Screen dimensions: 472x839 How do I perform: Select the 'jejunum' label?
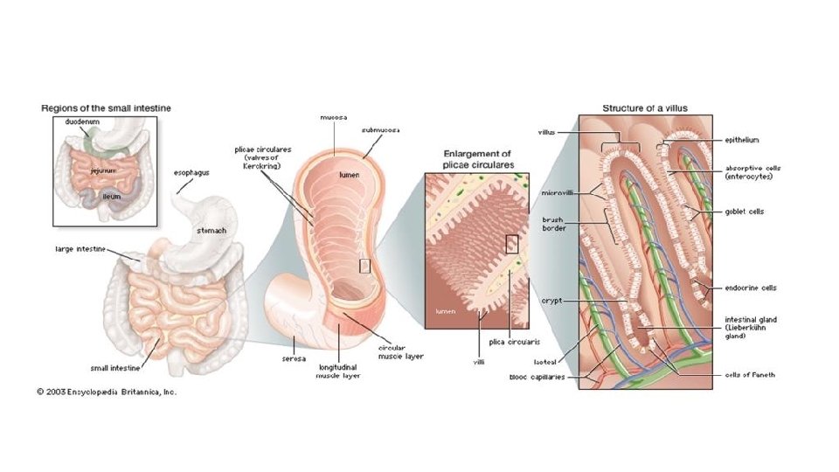point(104,171)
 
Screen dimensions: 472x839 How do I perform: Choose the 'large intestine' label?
point(81,249)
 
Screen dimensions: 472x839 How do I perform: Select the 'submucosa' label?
point(381,129)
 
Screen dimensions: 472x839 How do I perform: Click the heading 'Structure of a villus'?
point(645,108)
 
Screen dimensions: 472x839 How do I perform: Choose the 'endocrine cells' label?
point(751,288)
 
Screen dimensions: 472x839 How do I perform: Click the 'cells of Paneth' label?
point(750,375)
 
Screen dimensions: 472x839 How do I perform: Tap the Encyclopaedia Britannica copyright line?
point(107,392)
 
